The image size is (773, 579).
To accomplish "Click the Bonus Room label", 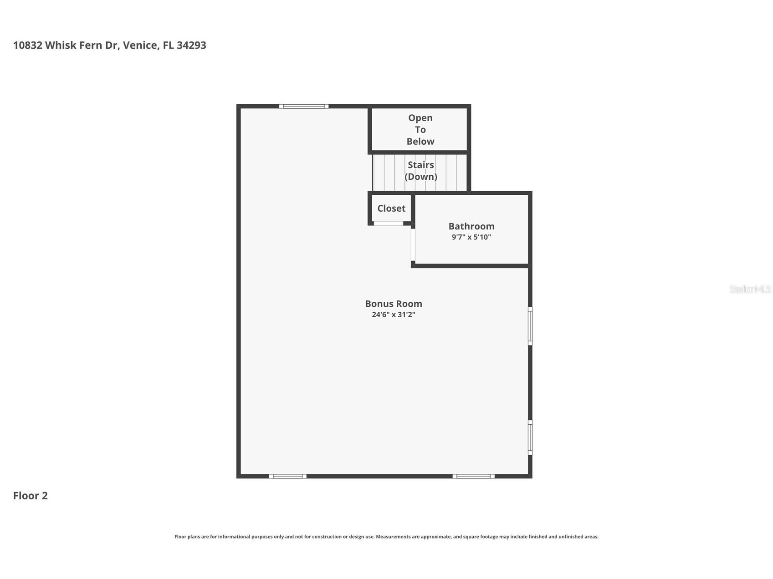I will [393, 304].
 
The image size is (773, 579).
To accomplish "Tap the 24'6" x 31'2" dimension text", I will [393, 315].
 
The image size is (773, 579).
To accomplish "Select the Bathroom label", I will [471, 226].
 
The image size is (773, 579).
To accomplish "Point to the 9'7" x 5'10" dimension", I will [471, 237].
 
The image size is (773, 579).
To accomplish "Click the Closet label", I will [391, 208].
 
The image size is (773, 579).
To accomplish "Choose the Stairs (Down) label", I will [420, 171].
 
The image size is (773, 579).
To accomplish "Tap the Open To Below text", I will [420, 130].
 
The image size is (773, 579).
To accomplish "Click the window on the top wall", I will [304, 107].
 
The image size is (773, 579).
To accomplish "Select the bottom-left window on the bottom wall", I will [287, 476].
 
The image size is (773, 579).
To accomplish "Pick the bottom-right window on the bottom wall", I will [473, 476].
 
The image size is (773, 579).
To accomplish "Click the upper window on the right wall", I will [530, 326].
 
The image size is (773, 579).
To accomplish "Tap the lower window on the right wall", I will [530, 437].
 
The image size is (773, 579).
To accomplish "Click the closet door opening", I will [388, 223].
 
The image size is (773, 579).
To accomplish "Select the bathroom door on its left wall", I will [413, 244].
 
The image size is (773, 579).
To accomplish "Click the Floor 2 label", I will [30, 496].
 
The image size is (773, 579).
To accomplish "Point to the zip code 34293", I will [191, 46].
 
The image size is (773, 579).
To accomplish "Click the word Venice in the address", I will [141, 46].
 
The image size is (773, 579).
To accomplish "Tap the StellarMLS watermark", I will [750, 289].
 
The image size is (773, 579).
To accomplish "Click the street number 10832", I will [28, 46].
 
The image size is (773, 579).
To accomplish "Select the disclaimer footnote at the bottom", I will [386, 537].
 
